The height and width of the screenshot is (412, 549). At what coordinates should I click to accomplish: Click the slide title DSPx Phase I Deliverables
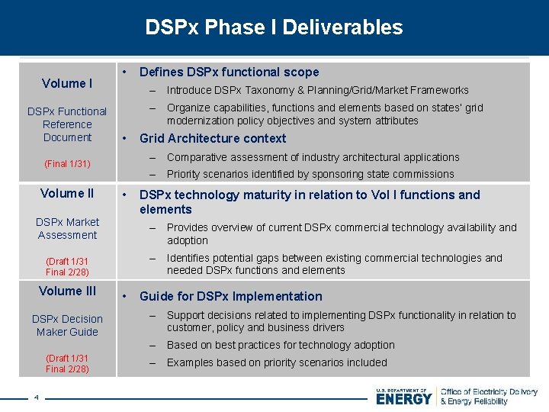pyautogui.click(x=274, y=27)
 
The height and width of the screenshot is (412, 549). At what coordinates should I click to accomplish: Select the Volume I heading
pyautogui.click(x=67, y=83)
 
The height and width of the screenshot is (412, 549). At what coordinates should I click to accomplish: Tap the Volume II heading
pyautogui.click(x=67, y=194)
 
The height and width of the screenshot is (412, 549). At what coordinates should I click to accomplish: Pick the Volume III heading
pyautogui.click(x=67, y=291)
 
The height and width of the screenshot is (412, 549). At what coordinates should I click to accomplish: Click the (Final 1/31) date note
pyautogui.click(x=67, y=164)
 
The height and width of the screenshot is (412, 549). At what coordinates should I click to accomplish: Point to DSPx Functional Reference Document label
pyautogui.click(x=67, y=124)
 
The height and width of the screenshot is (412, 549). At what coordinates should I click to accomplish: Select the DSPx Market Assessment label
pyautogui.click(x=67, y=229)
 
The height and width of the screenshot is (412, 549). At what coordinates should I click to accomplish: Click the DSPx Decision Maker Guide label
pyautogui.click(x=67, y=326)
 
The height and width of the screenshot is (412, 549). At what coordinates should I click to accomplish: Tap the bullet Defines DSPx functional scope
pyautogui.click(x=229, y=72)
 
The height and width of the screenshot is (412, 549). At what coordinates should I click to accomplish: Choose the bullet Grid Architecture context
pyautogui.click(x=213, y=139)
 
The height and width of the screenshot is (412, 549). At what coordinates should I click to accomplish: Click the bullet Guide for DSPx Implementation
pyautogui.click(x=230, y=296)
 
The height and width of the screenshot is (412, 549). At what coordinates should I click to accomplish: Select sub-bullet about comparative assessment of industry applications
pyautogui.click(x=313, y=157)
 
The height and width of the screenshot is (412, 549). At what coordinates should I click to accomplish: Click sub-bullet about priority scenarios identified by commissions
pyautogui.click(x=310, y=174)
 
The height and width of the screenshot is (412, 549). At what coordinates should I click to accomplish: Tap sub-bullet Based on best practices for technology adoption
pyautogui.click(x=281, y=345)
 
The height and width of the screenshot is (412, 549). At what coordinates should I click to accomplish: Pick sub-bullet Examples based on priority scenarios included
pyautogui.click(x=277, y=362)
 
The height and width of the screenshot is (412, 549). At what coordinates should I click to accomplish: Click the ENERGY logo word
pyautogui.click(x=403, y=398)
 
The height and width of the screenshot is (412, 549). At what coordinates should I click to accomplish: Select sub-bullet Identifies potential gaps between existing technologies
pyautogui.click(x=334, y=264)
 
